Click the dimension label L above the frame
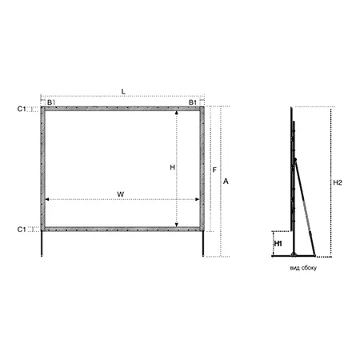123,92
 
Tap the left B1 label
51,102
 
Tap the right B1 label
193,102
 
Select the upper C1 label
22,109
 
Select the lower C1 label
22,230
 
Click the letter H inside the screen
173,167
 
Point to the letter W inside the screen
121,194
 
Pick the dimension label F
214,170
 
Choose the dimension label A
226,182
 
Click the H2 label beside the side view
338,182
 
